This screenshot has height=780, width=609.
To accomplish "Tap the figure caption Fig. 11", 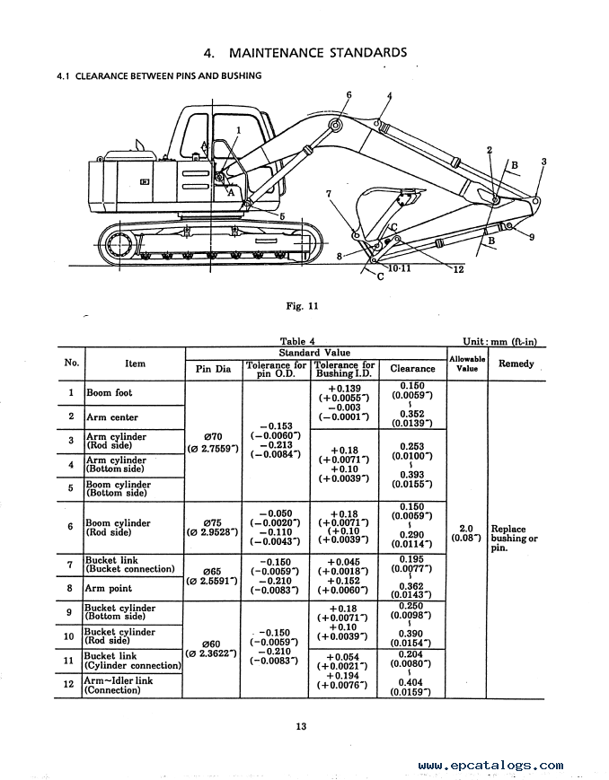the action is point(302,306).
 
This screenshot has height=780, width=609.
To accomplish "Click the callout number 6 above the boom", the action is point(349,95).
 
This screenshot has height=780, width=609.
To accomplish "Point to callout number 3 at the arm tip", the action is point(543,162).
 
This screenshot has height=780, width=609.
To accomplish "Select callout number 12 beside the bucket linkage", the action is point(459,269).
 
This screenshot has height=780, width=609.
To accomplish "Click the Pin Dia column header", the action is point(213,369).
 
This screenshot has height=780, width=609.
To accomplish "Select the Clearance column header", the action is point(412,369).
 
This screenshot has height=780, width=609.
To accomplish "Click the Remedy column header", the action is point(516,364).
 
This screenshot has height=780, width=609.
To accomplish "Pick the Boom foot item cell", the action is point(110,393).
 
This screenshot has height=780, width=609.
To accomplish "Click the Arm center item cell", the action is point(112,417).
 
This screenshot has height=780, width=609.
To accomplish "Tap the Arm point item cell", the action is point(108,589).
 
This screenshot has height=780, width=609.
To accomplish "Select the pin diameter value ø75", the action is point(213,522).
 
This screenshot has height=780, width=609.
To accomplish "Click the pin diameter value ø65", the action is point(212,572).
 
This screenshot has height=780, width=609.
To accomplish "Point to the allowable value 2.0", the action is point(466,529).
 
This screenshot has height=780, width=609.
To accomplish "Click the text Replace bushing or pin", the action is point(515,539).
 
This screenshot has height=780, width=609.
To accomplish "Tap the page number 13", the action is point(301,726).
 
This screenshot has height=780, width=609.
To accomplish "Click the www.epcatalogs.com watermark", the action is point(490,766).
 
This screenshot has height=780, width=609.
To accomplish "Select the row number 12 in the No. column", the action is point(69,685).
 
